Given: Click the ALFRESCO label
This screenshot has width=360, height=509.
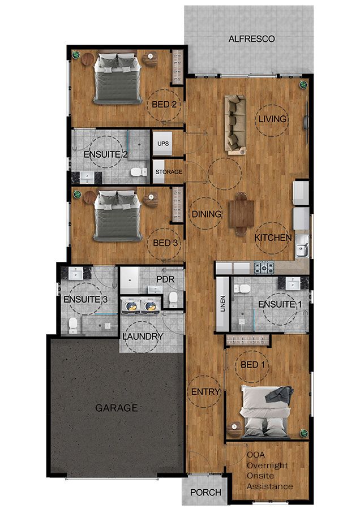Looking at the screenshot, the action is [x=251, y=39].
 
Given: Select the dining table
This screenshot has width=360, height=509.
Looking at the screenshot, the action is [x=241, y=214].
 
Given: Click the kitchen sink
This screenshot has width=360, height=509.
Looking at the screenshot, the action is [x=302, y=247].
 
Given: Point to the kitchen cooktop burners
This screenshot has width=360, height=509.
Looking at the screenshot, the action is [x=264, y=268].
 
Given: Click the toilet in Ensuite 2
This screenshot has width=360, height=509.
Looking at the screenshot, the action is [x=139, y=172].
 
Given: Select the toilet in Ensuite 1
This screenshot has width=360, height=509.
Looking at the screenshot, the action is [x=242, y=288].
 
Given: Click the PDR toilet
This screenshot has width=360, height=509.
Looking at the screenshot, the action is [x=173, y=299].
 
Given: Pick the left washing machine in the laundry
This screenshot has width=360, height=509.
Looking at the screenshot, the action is [x=131, y=306].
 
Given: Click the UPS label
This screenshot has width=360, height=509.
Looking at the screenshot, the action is [x=163, y=144].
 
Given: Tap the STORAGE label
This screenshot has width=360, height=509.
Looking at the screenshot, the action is [x=169, y=172].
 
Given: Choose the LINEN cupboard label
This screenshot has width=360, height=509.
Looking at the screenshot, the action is [x=222, y=304].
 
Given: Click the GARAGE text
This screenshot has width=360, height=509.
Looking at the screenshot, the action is [x=116, y=408].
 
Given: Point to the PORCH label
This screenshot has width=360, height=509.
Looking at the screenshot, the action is [x=205, y=493].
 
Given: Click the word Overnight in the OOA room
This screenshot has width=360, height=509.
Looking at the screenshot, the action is [x=267, y=465].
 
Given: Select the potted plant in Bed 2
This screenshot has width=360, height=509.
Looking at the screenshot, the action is [x=76, y=55].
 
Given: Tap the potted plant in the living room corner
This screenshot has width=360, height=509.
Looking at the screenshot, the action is [x=303, y=85].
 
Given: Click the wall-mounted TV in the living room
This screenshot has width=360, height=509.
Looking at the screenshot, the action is [x=306, y=122].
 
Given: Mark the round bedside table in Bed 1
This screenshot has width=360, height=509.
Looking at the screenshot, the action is [x=234, y=429].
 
